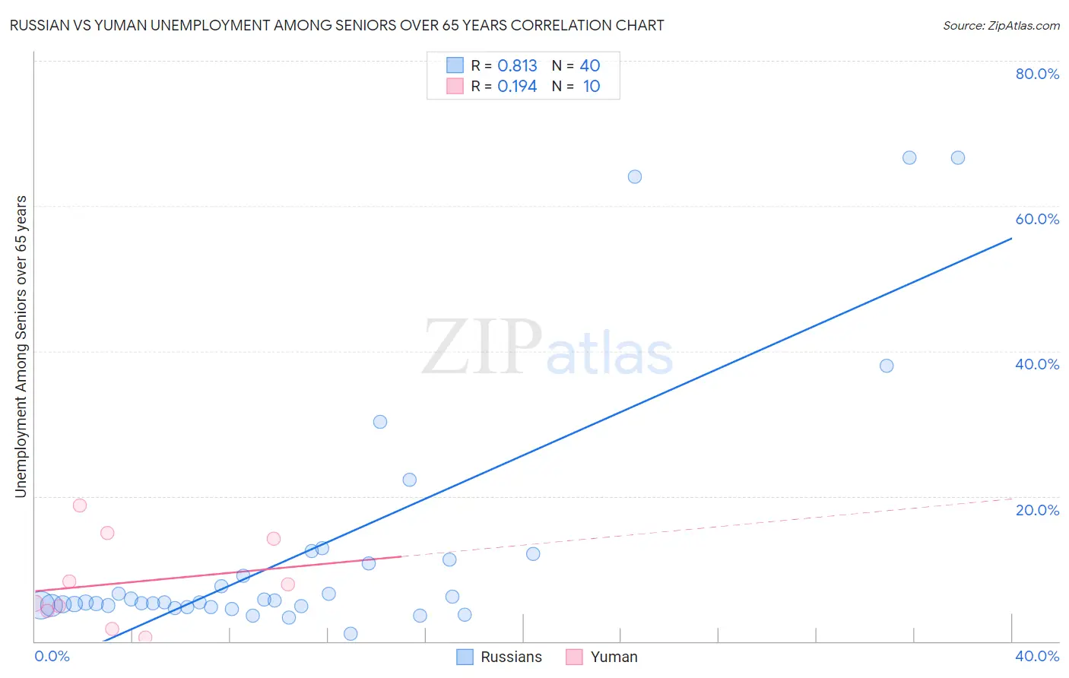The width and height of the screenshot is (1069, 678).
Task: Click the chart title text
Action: click(x=337, y=25)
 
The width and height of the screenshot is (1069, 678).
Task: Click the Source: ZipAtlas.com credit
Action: click(x=1001, y=25)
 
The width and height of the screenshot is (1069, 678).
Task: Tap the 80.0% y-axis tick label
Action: click(x=1037, y=74)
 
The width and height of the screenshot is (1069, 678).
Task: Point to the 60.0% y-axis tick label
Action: click(x=1037, y=219)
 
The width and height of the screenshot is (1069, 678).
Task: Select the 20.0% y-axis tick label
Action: click(x=1037, y=509)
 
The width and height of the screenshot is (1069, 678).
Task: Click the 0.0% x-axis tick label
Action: click(x=52, y=656)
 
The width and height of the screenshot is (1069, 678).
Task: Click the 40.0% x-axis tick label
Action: click(x=1037, y=656)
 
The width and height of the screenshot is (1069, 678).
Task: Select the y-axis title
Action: click(x=21, y=347)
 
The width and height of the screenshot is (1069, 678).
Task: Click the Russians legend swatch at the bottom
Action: click(x=465, y=657)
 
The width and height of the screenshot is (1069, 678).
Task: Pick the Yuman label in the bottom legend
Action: click(x=614, y=657)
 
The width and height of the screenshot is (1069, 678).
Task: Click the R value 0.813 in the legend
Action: click(x=517, y=66)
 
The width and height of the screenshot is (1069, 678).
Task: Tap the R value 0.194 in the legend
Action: click(x=517, y=87)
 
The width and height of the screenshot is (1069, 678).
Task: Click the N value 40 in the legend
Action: click(x=590, y=66)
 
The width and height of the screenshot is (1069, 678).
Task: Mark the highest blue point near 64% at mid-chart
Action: click(x=635, y=177)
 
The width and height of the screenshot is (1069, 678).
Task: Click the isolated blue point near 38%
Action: click(x=887, y=366)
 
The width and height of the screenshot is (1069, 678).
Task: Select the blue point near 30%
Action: click(x=380, y=422)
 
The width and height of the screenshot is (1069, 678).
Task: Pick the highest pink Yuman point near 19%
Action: click(x=80, y=505)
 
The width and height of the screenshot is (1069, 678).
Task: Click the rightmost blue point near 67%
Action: click(x=958, y=158)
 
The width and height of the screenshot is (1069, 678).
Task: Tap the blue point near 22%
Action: click(x=410, y=480)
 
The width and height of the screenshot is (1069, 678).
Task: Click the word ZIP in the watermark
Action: click(x=482, y=348)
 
